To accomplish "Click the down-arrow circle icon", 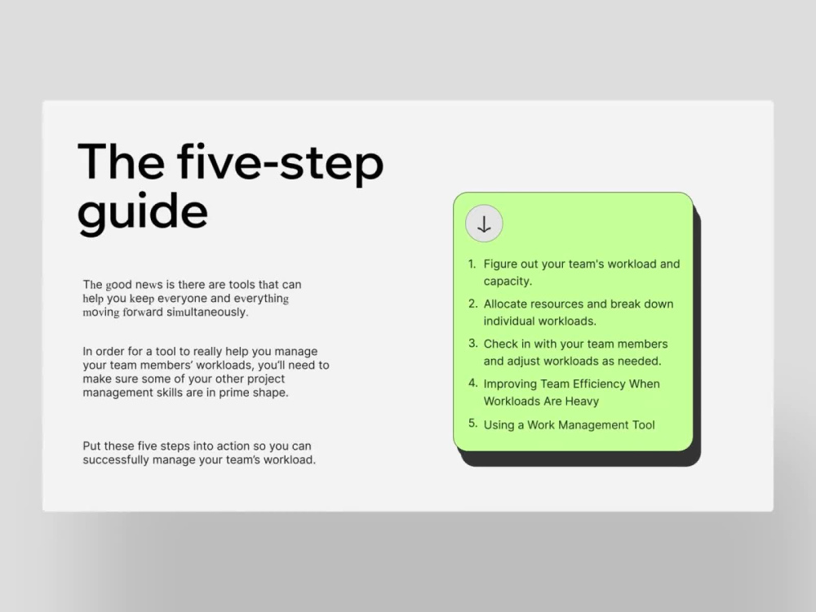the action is click(x=484, y=224).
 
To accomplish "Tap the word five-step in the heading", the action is click(x=280, y=162).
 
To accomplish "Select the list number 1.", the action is click(x=472, y=264).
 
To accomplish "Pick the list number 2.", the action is click(x=472, y=304).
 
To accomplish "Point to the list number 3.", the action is click(x=472, y=344).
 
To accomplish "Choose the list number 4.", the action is click(x=472, y=383).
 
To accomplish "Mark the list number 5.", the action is click(x=472, y=423).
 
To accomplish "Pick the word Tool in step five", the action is click(x=643, y=424).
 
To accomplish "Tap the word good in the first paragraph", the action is click(x=118, y=285).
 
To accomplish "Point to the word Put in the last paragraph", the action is click(x=91, y=446).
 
